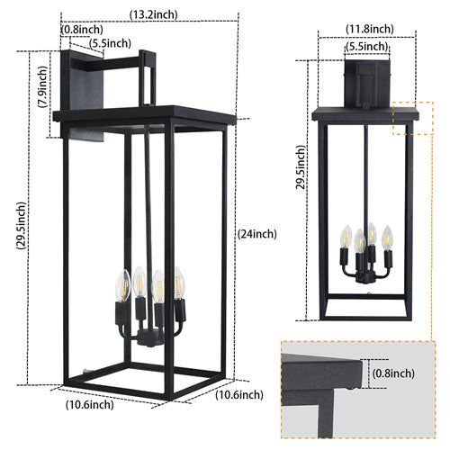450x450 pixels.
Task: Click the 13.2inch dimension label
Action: [153, 13]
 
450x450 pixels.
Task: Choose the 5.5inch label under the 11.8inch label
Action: [368, 46]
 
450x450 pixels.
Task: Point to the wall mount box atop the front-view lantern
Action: [368, 82]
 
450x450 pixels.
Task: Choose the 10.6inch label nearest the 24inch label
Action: [238, 394]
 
